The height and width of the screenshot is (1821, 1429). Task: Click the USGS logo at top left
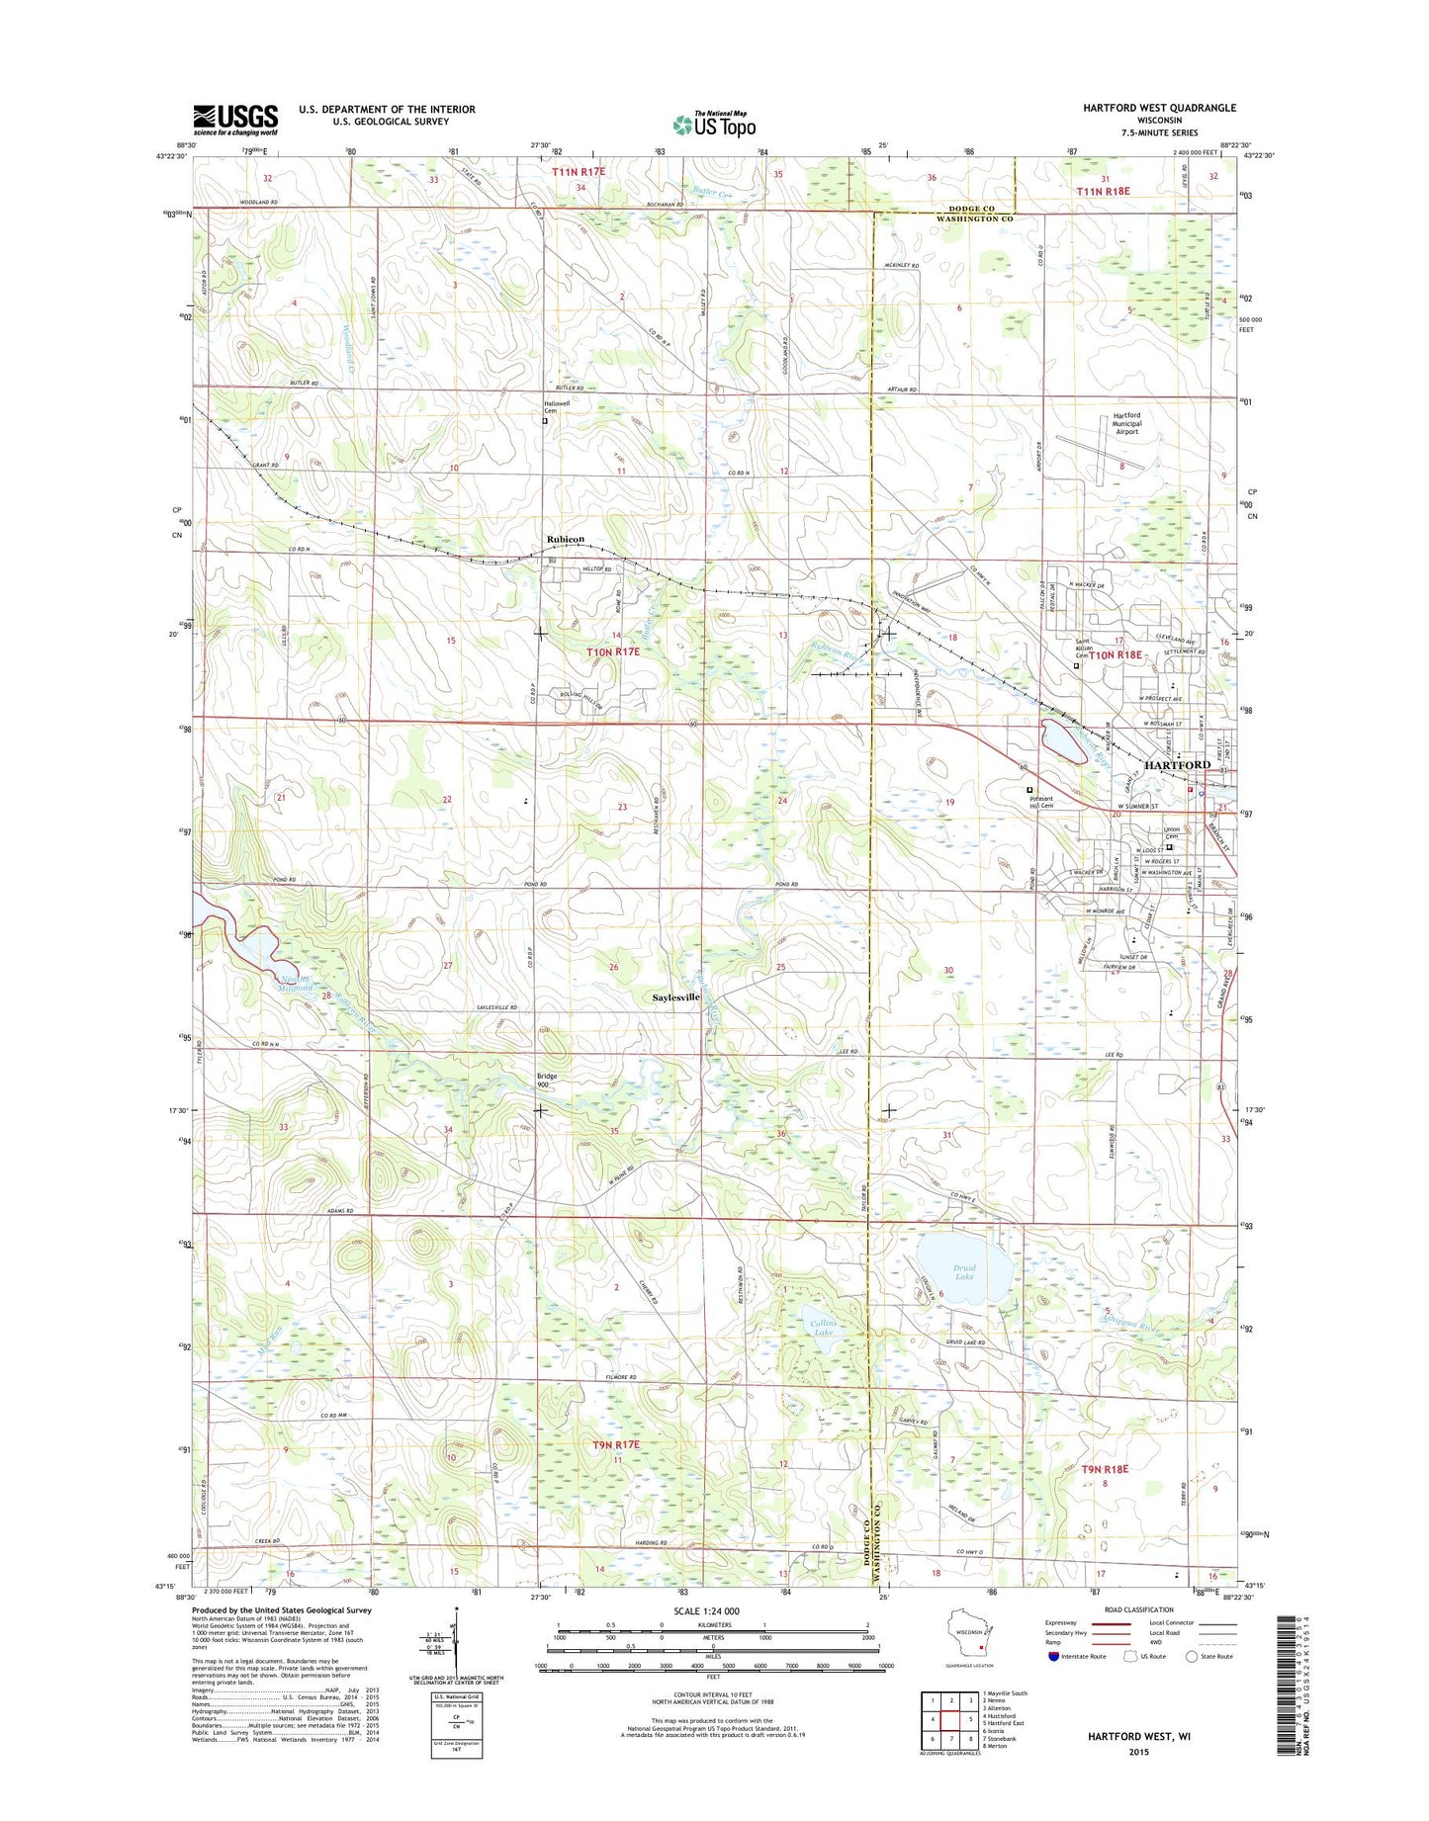pyautogui.click(x=235, y=120)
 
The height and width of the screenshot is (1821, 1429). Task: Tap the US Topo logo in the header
pyautogui.click(x=714, y=124)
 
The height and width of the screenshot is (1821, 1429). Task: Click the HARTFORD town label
pyautogui.click(x=1177, y=765)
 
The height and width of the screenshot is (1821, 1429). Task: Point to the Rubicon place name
pyautogui.click(x=566, y=539)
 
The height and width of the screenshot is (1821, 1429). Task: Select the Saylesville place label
pyautogui.click(x=676, y=997)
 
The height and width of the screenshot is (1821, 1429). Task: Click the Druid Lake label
pyautogui.click(x=964, y=1272)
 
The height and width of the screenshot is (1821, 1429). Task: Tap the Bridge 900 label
pyautogui.click(x=547, y=1080)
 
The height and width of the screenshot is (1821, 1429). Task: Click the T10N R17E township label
pyautogui.click(x=613, y=652)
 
